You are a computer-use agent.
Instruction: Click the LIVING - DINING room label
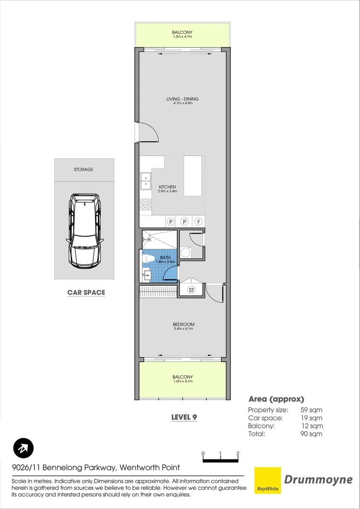tap(182, 99)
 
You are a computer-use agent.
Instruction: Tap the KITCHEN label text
tap(167, 187)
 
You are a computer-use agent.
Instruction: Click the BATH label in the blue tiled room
tap(165, 257)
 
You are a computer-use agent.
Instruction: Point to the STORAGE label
tap(83, 169)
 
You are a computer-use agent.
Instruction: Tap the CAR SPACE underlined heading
tap(86, 293)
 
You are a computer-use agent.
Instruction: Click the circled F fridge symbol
tap(199, 222)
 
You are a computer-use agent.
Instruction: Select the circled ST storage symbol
tap(192, 290)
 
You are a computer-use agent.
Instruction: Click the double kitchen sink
tap(146, 181)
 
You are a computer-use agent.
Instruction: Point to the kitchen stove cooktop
tap(146, 205)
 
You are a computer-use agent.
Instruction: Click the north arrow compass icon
tap(23, 448)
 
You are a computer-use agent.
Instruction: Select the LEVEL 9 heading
tap(183, 417)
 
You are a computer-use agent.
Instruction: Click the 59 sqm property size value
tap(311, 410)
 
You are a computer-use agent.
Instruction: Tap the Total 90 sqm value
tap(311, 434)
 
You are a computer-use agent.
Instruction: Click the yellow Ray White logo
tap(267, 480)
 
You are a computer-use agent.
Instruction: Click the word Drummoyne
tap(318, 480)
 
